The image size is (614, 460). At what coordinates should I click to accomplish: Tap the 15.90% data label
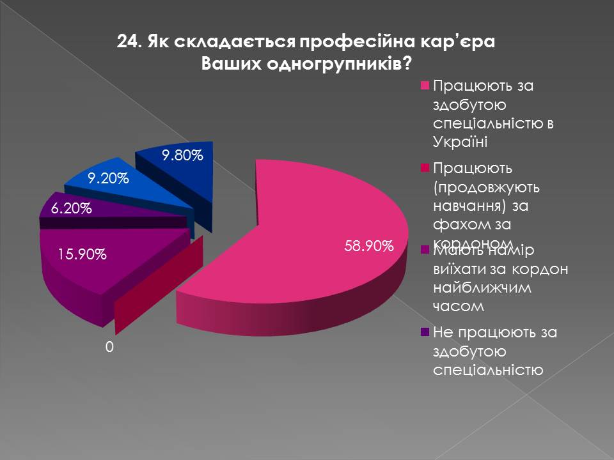pyautogui.click(x=82, y=254)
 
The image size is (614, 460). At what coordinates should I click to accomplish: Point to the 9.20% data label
pyautogui.click(x=109, y=179)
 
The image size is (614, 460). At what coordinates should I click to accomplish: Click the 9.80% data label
pyautogui.click(x=182, y=155)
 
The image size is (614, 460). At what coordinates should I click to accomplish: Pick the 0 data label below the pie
pyautogui.click(x=109, y=347)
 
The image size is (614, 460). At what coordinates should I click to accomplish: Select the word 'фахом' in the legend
pyautogui.click(x=458, y=224)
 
